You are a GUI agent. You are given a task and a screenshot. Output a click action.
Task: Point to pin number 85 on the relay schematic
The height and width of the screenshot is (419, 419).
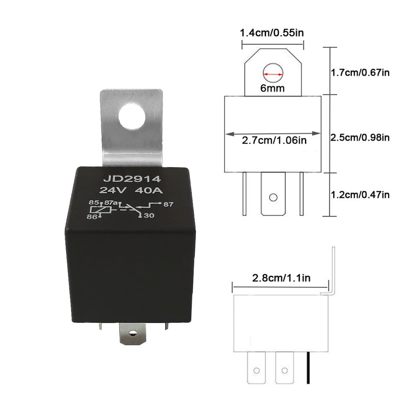(x=93, y=202)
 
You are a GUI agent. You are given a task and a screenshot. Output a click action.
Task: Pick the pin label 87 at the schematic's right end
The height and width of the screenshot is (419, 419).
(x=169, y=204)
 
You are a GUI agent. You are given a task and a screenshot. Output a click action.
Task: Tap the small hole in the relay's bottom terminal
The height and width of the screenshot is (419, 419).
(x=133, y=334)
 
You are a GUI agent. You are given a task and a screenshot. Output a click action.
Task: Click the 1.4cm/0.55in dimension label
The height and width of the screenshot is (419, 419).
(x=272, y=33)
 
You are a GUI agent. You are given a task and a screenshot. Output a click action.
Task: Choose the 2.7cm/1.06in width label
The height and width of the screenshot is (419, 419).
(x=273, y=140)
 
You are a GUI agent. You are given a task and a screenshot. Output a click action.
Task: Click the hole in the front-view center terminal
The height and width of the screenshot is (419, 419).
(x=273, y=197)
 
